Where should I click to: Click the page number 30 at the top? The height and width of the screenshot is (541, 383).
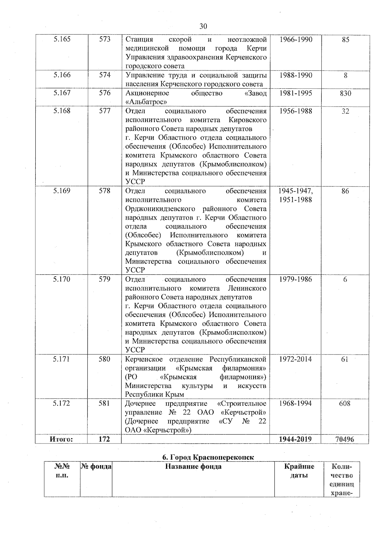coord(203,26)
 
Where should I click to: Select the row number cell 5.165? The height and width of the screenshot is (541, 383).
coord(62,40)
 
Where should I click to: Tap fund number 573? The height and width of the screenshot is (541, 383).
coord(105,40)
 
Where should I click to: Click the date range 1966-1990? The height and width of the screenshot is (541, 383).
coord(296,40)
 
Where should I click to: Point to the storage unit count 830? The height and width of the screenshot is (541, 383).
coord(345,93)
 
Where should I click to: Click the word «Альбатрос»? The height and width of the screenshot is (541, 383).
coord(146,102)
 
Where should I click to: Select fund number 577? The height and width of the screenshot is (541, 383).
coord(105,111)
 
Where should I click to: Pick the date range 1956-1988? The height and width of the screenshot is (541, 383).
coord(296,111)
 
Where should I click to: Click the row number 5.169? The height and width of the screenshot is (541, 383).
coord(62,191)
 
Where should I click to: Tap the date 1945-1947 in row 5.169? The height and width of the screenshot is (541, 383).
coord(296,191)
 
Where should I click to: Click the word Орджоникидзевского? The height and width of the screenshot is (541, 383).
coord(160,209)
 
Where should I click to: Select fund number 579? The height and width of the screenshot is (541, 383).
coord(105,279)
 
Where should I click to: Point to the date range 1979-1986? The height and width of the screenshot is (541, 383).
coord(296,279)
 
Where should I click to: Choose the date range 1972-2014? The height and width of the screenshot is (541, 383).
coord(296,359)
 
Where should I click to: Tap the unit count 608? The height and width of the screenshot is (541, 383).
coord(345,404)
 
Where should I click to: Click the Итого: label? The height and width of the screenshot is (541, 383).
coord(61,439)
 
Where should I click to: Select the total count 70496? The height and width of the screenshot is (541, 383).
coord(345,439)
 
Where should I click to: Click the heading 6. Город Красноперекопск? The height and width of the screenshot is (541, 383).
coord(208,457)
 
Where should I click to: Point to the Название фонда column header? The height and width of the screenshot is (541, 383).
coord(193,467)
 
